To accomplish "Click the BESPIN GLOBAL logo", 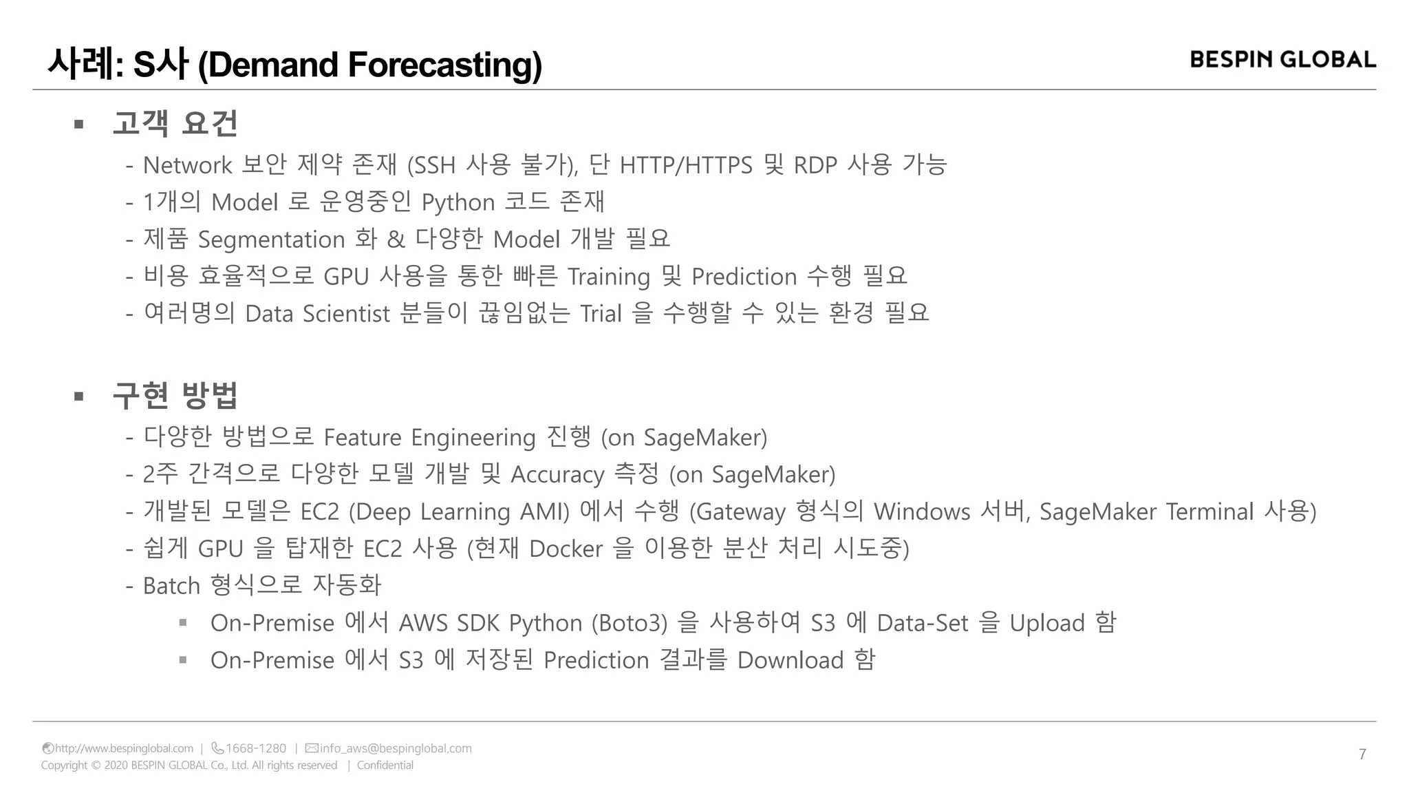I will coord(1282,60).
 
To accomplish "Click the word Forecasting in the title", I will coord(445,65).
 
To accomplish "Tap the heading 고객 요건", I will coord(175,124).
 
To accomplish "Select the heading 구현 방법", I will coord(175,396).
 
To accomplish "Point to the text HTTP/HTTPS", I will coord(686,165).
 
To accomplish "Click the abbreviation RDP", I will coord(815,165).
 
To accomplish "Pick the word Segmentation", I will coord(271,240).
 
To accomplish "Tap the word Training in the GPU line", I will coord(608,277).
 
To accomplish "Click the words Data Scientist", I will coord(317,314).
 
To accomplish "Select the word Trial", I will coord(601,314).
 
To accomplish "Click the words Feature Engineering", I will coord(429,438).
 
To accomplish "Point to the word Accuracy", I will coord(557,475).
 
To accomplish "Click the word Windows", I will coord(922,512).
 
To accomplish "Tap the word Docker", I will coord(566,549).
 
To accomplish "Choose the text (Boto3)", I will coord(630,624).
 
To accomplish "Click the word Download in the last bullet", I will coord(790,661).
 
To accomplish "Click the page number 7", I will coord(1362,754).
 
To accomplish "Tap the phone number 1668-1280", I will coord(255,748).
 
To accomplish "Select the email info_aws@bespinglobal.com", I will coord(396,748).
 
